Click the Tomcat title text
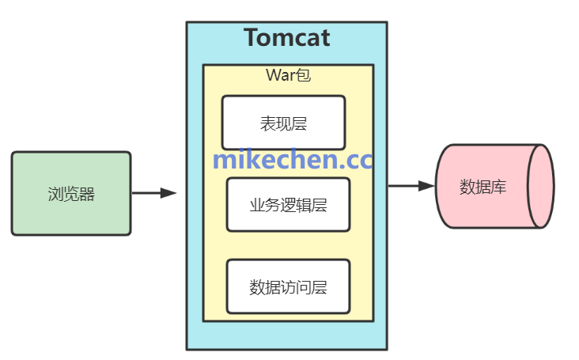point(286,38)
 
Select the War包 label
point(287,76)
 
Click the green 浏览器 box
point(71,194)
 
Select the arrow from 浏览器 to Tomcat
point(153,192)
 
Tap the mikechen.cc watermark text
point(293,161)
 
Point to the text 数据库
point(483,188)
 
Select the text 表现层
point(283,123)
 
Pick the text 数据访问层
point(288,286)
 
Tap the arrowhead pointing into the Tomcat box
point(168,192)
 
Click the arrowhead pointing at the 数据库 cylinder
point(427,186)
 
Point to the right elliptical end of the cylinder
point(543,187)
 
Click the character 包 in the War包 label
point(303,76)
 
